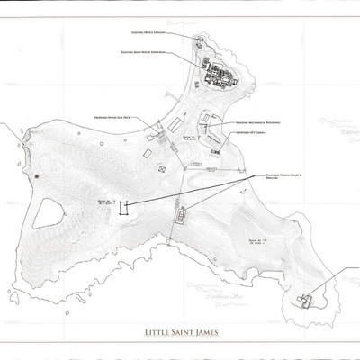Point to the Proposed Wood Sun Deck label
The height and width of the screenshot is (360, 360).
coord(112,116)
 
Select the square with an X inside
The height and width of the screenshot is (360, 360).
coord(162,167)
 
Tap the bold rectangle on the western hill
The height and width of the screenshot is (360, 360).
coord(125,207)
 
